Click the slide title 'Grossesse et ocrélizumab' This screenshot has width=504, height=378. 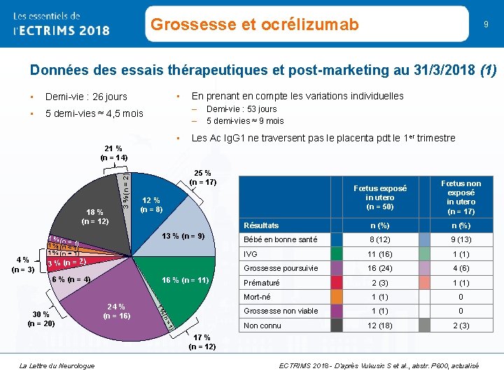tap(254, 25)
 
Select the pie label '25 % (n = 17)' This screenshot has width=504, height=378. tap(203, 177)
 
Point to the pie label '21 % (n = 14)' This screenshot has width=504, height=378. tap(113, 153)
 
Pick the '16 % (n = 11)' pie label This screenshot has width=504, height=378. tap(185, 280)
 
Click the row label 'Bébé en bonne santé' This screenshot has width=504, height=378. tap(280, 239)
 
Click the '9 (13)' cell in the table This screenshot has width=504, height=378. tap(460, 239)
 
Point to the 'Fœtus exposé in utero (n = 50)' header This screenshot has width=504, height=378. tap(381, 197)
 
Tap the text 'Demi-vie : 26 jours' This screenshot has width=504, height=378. tap(86, 97)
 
